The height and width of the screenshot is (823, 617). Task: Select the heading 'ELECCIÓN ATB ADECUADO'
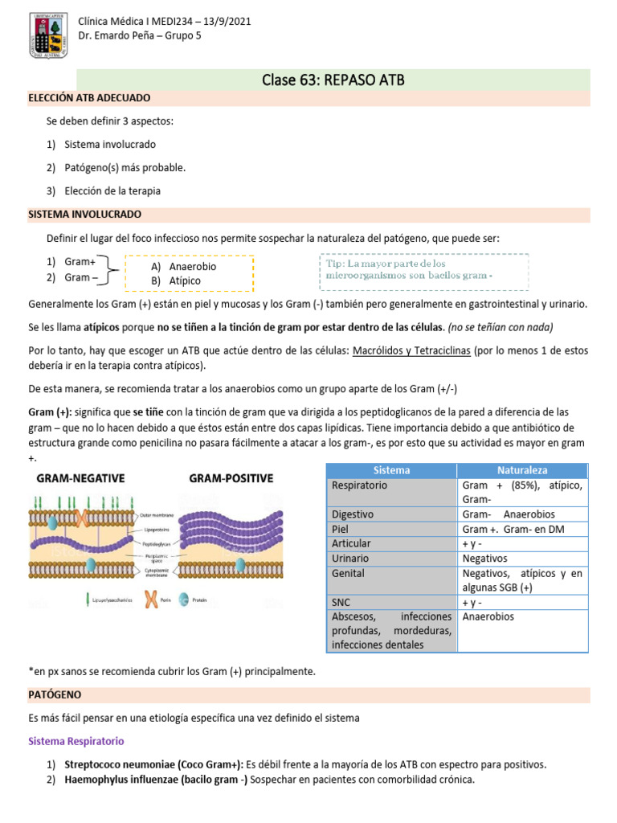(x=89, y=97)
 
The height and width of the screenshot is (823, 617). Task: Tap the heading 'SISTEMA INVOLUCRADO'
(x=84, y=215)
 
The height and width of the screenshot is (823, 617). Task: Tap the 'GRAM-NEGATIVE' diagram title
(x=80, y=477)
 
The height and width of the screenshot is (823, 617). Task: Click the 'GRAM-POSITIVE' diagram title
(x=231, y=477)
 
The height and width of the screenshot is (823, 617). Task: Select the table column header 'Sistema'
(x=392, y=470)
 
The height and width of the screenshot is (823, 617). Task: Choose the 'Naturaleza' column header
(x=522, y=470)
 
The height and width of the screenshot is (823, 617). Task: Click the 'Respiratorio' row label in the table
(x=359, y=485)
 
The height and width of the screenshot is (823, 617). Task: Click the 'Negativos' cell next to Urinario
(x=485, y=558)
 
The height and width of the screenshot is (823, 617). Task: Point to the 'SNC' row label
(x=341, y=602)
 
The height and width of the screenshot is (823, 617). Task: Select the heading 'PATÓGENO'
(x=55, y=693)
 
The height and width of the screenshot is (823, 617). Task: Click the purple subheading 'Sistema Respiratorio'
(x=76, y=740)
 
